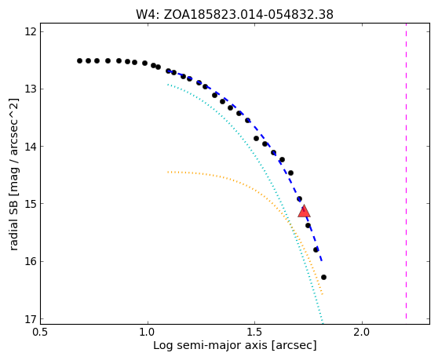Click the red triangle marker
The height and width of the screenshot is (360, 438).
[304, 211]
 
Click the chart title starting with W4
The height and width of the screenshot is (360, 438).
[235, 15]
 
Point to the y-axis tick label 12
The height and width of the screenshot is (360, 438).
[31, 32]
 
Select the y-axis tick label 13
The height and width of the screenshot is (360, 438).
[31, 89]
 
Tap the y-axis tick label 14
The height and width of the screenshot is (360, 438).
[31, 146]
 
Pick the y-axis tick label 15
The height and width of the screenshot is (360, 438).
[31, 204]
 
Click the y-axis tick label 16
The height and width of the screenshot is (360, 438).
[31, 261]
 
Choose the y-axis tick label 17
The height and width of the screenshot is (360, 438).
[31, 319]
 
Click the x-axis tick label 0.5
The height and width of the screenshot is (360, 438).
[41, 333]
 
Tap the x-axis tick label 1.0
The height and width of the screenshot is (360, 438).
[148, 333]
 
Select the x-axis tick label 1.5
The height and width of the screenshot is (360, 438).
[255, 333]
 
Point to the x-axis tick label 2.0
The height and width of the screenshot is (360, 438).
[362, 333]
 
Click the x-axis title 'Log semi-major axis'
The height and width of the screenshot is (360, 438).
[211, 345]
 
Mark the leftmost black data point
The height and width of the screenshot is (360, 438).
[79, 61]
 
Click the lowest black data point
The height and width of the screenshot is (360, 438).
[323, 277]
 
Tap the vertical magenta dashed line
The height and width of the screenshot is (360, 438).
[406, 171]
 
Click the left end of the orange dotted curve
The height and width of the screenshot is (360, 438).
[168, 173]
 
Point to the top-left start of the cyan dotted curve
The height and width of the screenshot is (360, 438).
[168, 84]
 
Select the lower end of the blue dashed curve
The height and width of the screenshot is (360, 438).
[322, 261]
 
